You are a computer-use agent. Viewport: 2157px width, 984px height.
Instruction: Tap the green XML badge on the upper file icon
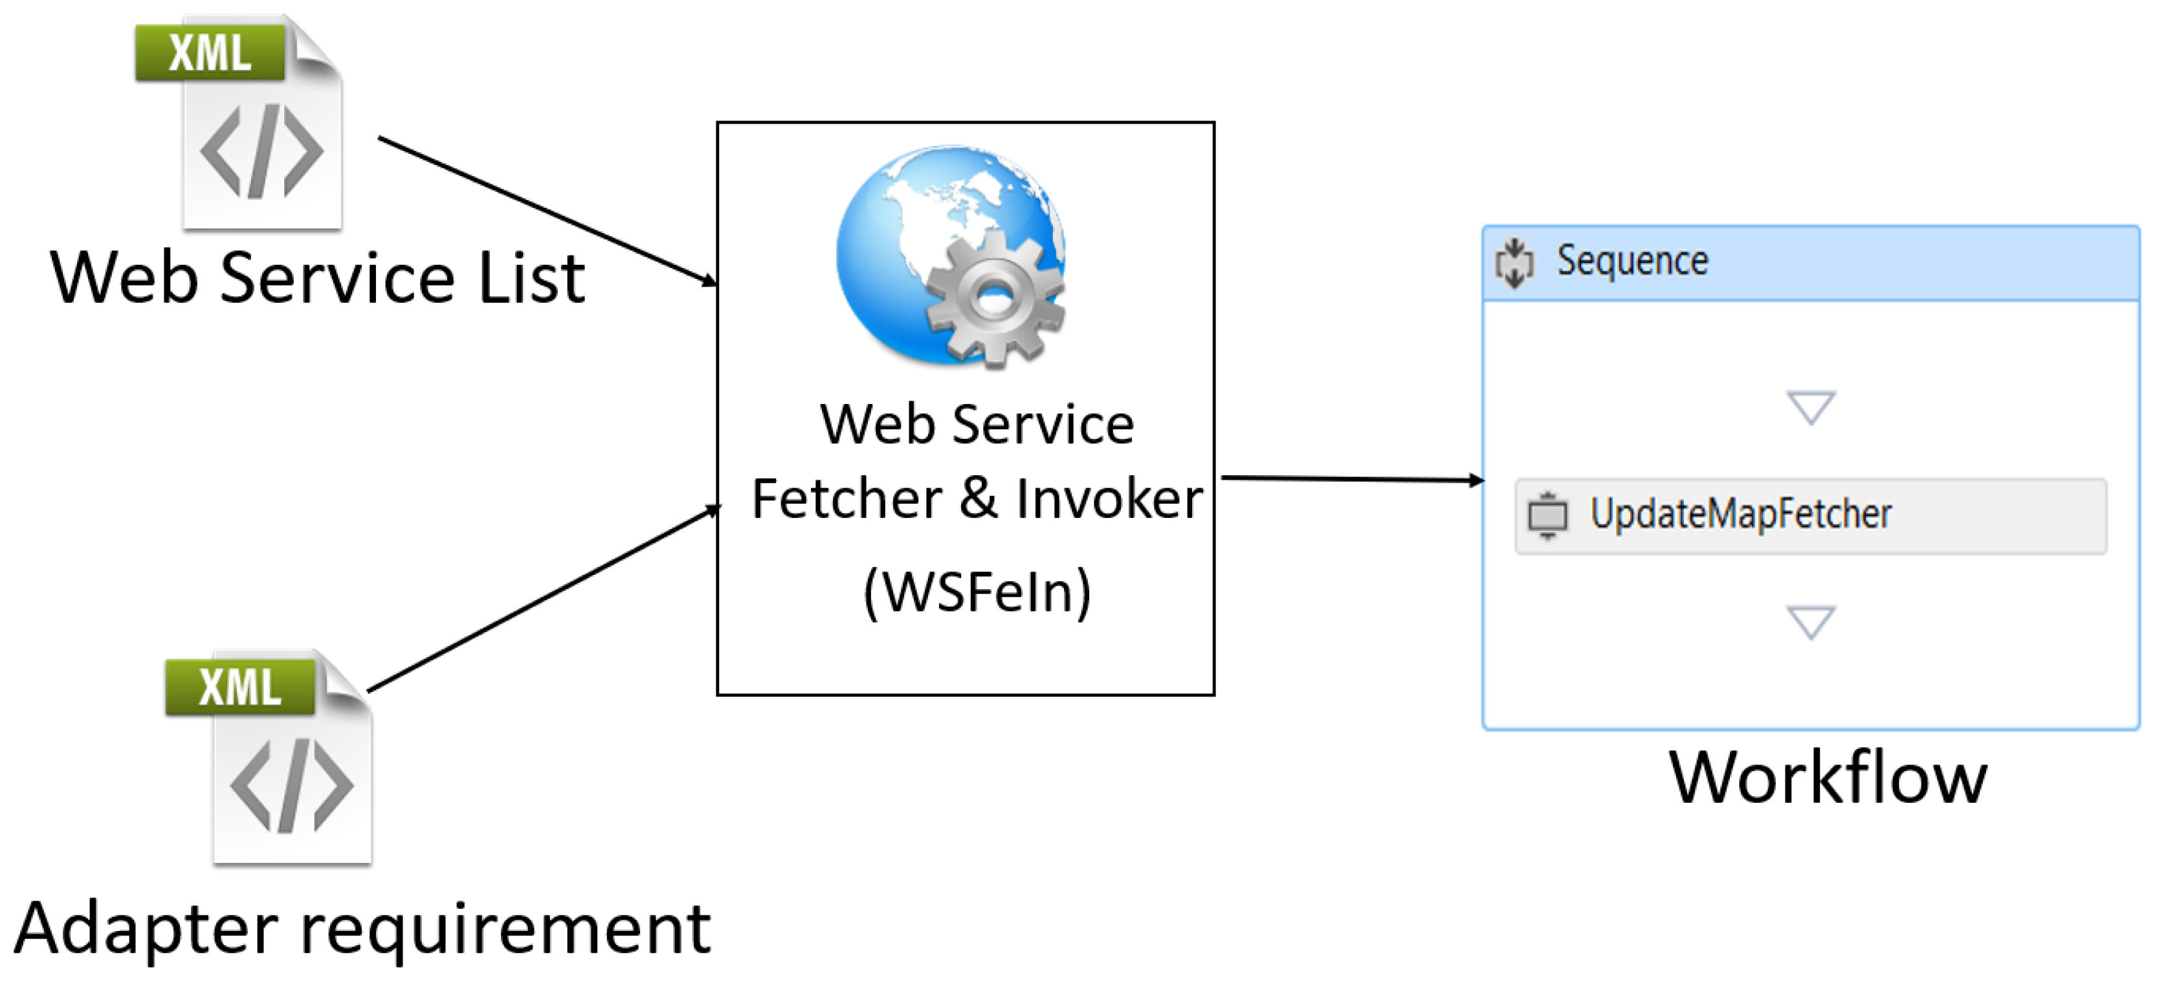209,52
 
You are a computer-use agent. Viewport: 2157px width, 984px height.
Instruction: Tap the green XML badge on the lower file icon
239,687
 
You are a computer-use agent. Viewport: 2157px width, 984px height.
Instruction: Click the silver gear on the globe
995,297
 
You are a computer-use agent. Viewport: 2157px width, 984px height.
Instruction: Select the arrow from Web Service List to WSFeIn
544,209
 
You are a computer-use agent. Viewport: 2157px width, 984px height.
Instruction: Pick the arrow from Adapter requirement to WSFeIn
544,599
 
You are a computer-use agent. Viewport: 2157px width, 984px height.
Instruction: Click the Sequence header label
1631,262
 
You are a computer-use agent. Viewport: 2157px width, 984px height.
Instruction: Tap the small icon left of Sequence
1514,263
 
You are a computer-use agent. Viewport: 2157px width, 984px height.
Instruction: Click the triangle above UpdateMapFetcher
1810,407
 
